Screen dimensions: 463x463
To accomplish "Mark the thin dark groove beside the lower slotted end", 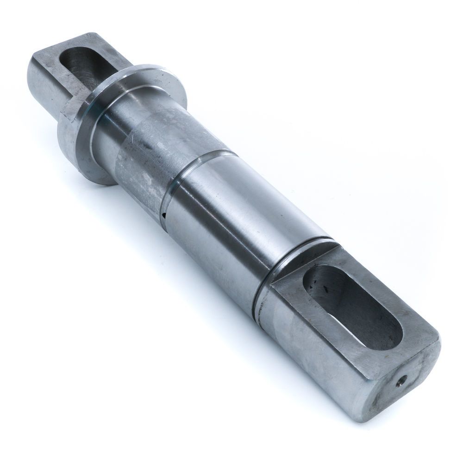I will [x=296, y=259].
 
